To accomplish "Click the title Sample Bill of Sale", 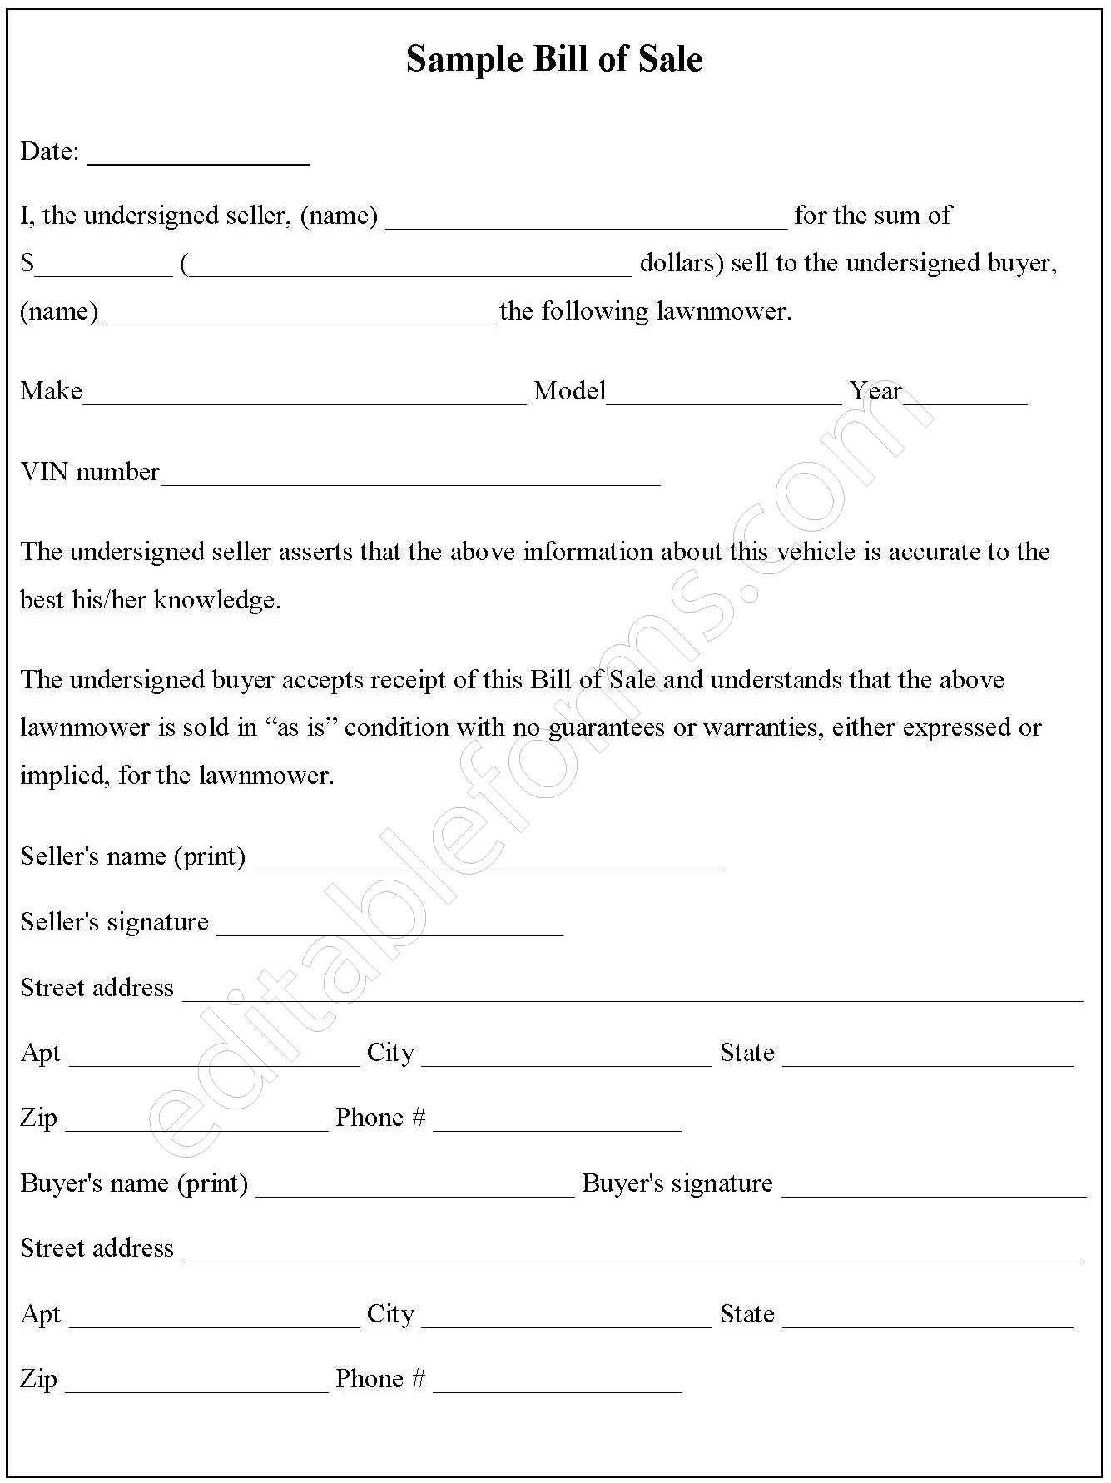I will point(554,59).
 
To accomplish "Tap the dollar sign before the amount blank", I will point(27,264).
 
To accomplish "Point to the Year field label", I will point(875,391).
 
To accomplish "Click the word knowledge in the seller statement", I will point(216,600).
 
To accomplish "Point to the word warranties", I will point(763,727).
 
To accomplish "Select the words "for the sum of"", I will point(872,216).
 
